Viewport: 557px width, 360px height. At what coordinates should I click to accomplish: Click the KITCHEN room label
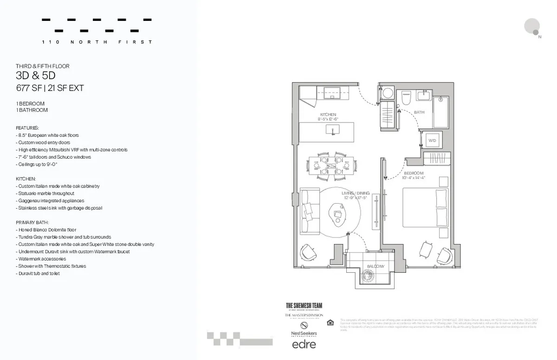click(x=328, y=115)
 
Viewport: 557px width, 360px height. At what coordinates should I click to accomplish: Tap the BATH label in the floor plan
click(x=419, y=112)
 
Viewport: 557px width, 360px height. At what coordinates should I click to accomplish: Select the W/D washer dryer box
click(x=432, y=140)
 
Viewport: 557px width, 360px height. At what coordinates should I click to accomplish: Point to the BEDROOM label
click(x=414, y=173)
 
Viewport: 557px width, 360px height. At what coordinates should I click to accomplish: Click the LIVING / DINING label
click(x=356, y=193)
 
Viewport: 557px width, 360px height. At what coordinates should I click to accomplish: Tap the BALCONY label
click(x=376, y=266)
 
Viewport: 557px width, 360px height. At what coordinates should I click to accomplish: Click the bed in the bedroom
click(x=425, y=207)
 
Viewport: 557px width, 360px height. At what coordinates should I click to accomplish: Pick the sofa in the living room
click(x=307, y=212)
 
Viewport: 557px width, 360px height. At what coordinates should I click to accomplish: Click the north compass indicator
click(x=532, y=27)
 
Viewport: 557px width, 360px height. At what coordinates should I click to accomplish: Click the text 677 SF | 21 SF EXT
click(x=50, y=88)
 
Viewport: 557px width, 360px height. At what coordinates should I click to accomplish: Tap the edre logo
click(x=304, y=344)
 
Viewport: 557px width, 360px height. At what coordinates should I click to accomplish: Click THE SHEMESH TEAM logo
click(x=304, y=305)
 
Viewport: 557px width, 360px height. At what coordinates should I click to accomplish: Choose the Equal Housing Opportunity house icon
click(x=330, y=322)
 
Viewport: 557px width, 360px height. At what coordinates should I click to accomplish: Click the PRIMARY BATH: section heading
click(x=32, y=222)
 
